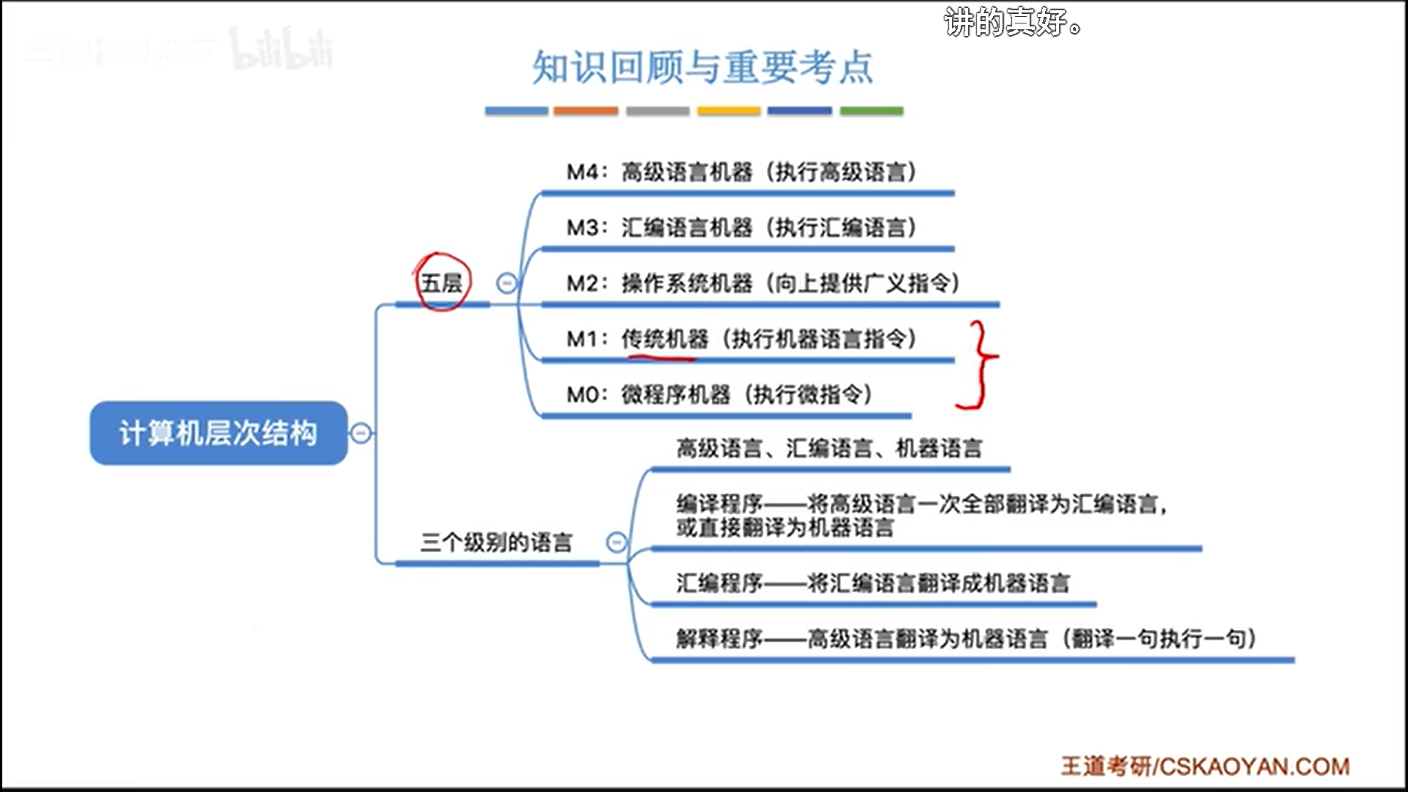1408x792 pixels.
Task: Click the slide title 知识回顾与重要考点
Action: [x=703, y=67]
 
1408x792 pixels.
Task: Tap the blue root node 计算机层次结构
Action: [x=219, y=433]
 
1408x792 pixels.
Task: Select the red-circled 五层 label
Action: [x=441, y=282]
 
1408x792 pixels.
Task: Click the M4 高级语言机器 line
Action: [x=741, y=172]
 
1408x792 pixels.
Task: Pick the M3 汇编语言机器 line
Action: [x=741, y=228]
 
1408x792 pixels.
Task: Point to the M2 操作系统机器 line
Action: [x=763, y=284]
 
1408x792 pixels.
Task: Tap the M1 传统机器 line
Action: [x=741, y=339]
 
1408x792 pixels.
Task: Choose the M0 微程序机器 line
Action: [x=719, y=395]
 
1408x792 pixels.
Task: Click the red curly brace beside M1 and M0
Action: [x=980, y=364]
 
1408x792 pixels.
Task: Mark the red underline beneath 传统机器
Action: [x=661, y=359]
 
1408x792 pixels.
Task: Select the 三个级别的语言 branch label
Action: [x=496, y=543]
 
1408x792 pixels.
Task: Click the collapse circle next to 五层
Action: [x=507, y=283]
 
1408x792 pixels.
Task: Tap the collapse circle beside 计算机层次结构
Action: [x=361, y=433]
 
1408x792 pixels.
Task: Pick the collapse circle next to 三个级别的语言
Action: [x=617, y=543]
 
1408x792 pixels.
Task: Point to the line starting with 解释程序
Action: [x=965, y=639]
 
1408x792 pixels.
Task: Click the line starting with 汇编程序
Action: [x=873, y=584]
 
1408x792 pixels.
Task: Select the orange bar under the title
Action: [x=585, y=111]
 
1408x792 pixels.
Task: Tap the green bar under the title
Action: [x=871, y=111]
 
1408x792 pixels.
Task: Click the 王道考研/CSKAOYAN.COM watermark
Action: [x=1205, y=766]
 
